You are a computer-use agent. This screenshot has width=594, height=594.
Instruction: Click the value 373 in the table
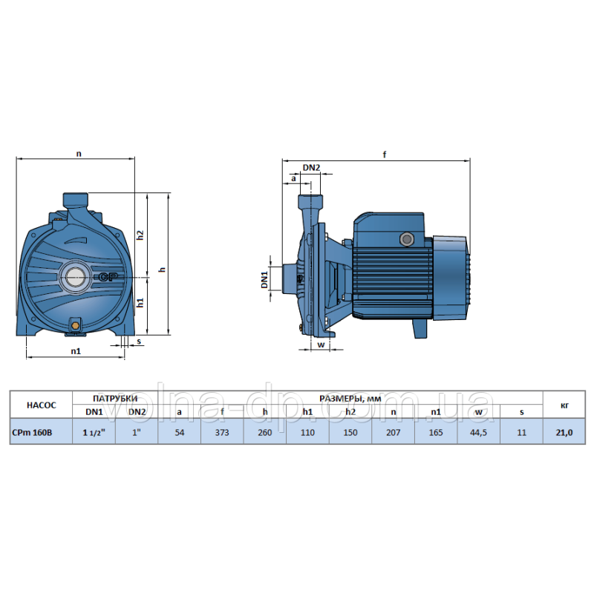pyautogui.click(x=222, y=432)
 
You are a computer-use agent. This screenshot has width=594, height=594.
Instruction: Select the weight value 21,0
pyautogui.click(x=564, y=432)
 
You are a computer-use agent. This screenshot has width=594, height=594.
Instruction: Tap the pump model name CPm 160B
pyautogui.click(x=32, y=432)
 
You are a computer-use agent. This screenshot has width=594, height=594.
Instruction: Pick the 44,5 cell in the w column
pyautogui.click(x=478, y=432)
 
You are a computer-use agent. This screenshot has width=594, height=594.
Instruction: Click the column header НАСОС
pyautogui.click(x=42, y=405)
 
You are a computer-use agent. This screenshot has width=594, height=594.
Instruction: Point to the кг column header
pyautogui.click(x=564, y=405)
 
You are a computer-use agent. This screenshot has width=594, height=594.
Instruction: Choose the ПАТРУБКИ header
pyautogui.click(x=115, y=398)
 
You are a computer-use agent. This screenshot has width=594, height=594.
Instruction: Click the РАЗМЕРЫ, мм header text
pyautogui.click(x=350, y=398)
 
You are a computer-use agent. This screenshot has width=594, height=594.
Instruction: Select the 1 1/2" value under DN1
pyautogui.click(x=94, y=432)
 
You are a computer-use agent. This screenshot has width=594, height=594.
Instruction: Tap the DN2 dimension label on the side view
pyautogui.click(x=311, y=167)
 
